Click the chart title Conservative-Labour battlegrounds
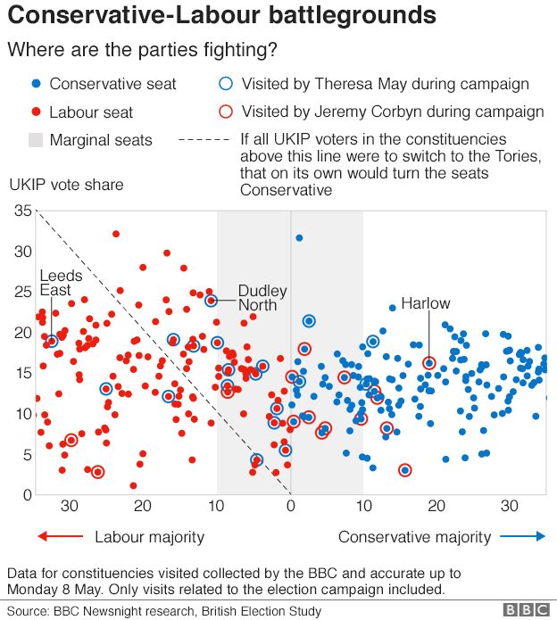[222, 15]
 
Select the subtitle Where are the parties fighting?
[142, 50]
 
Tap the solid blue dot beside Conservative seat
[35, 85]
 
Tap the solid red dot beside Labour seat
[35, 112]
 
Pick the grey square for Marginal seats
[35, 140]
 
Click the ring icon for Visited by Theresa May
[226, 85]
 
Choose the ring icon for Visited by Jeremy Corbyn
[226, 112]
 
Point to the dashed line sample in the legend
[204, 140]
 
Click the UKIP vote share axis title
[66, 185]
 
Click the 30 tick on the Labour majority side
[70, 506]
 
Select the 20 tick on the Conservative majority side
[436, 506]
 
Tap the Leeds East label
[61, 283]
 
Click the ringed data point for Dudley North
[212, 301]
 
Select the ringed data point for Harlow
[429, 363]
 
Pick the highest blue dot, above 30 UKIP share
[299, 237]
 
